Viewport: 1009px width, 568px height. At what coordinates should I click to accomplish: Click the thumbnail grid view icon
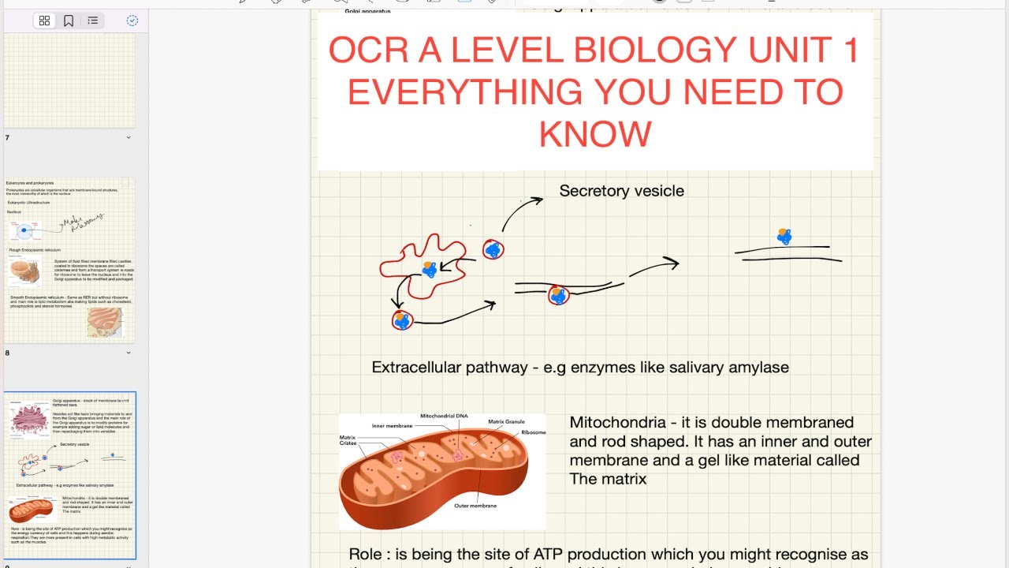[44, 21]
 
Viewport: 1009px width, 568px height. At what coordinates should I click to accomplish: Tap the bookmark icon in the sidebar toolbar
[69, 21]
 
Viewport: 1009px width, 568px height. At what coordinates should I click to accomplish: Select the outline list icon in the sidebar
[93, 21]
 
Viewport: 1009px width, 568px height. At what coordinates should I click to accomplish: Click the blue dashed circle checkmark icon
[132, 21]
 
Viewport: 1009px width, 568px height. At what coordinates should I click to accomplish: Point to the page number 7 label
[8, 138]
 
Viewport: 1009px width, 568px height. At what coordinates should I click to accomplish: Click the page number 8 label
[8, 353]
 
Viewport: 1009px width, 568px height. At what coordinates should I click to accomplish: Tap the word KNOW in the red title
[595, 135]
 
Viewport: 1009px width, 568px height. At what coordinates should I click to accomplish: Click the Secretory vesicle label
[621, 191]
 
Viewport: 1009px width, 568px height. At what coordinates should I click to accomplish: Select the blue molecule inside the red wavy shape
[430, 270]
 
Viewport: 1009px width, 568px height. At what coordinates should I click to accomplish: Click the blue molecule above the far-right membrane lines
[784, 236]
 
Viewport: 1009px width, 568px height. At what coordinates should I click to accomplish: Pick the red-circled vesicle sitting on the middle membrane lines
[558, 296]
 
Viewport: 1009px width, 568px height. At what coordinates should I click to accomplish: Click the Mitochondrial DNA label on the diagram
[444, 416]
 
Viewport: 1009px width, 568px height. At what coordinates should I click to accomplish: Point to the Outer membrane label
[475, 506]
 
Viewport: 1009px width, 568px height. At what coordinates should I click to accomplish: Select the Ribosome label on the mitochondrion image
[533, 432]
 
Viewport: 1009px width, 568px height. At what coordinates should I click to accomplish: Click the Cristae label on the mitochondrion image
[348, 443]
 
